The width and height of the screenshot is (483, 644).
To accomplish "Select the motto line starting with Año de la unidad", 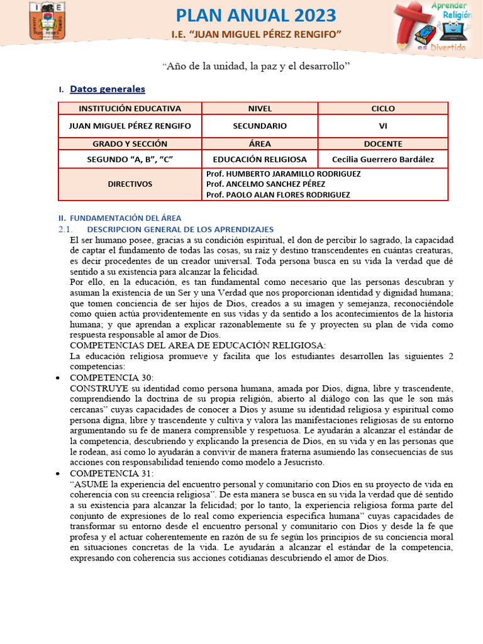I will (255, 65).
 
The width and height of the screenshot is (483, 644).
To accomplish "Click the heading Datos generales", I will (107, 89).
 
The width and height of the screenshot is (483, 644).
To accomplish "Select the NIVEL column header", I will (260, 109).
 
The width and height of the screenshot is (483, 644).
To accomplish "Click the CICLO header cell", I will (383, 109).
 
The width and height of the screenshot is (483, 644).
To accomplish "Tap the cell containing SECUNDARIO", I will (260, 126).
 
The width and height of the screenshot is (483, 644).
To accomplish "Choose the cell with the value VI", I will (383, 126).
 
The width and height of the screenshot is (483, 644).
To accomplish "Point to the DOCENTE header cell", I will (383, 143).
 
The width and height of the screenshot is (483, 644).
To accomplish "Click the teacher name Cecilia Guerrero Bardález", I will (383, 159).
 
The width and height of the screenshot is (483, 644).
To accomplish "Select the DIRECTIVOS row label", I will (130, 184).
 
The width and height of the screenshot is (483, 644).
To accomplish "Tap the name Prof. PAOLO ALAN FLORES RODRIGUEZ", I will (278, 195).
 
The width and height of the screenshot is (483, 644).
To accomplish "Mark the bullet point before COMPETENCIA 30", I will (58, 378).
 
